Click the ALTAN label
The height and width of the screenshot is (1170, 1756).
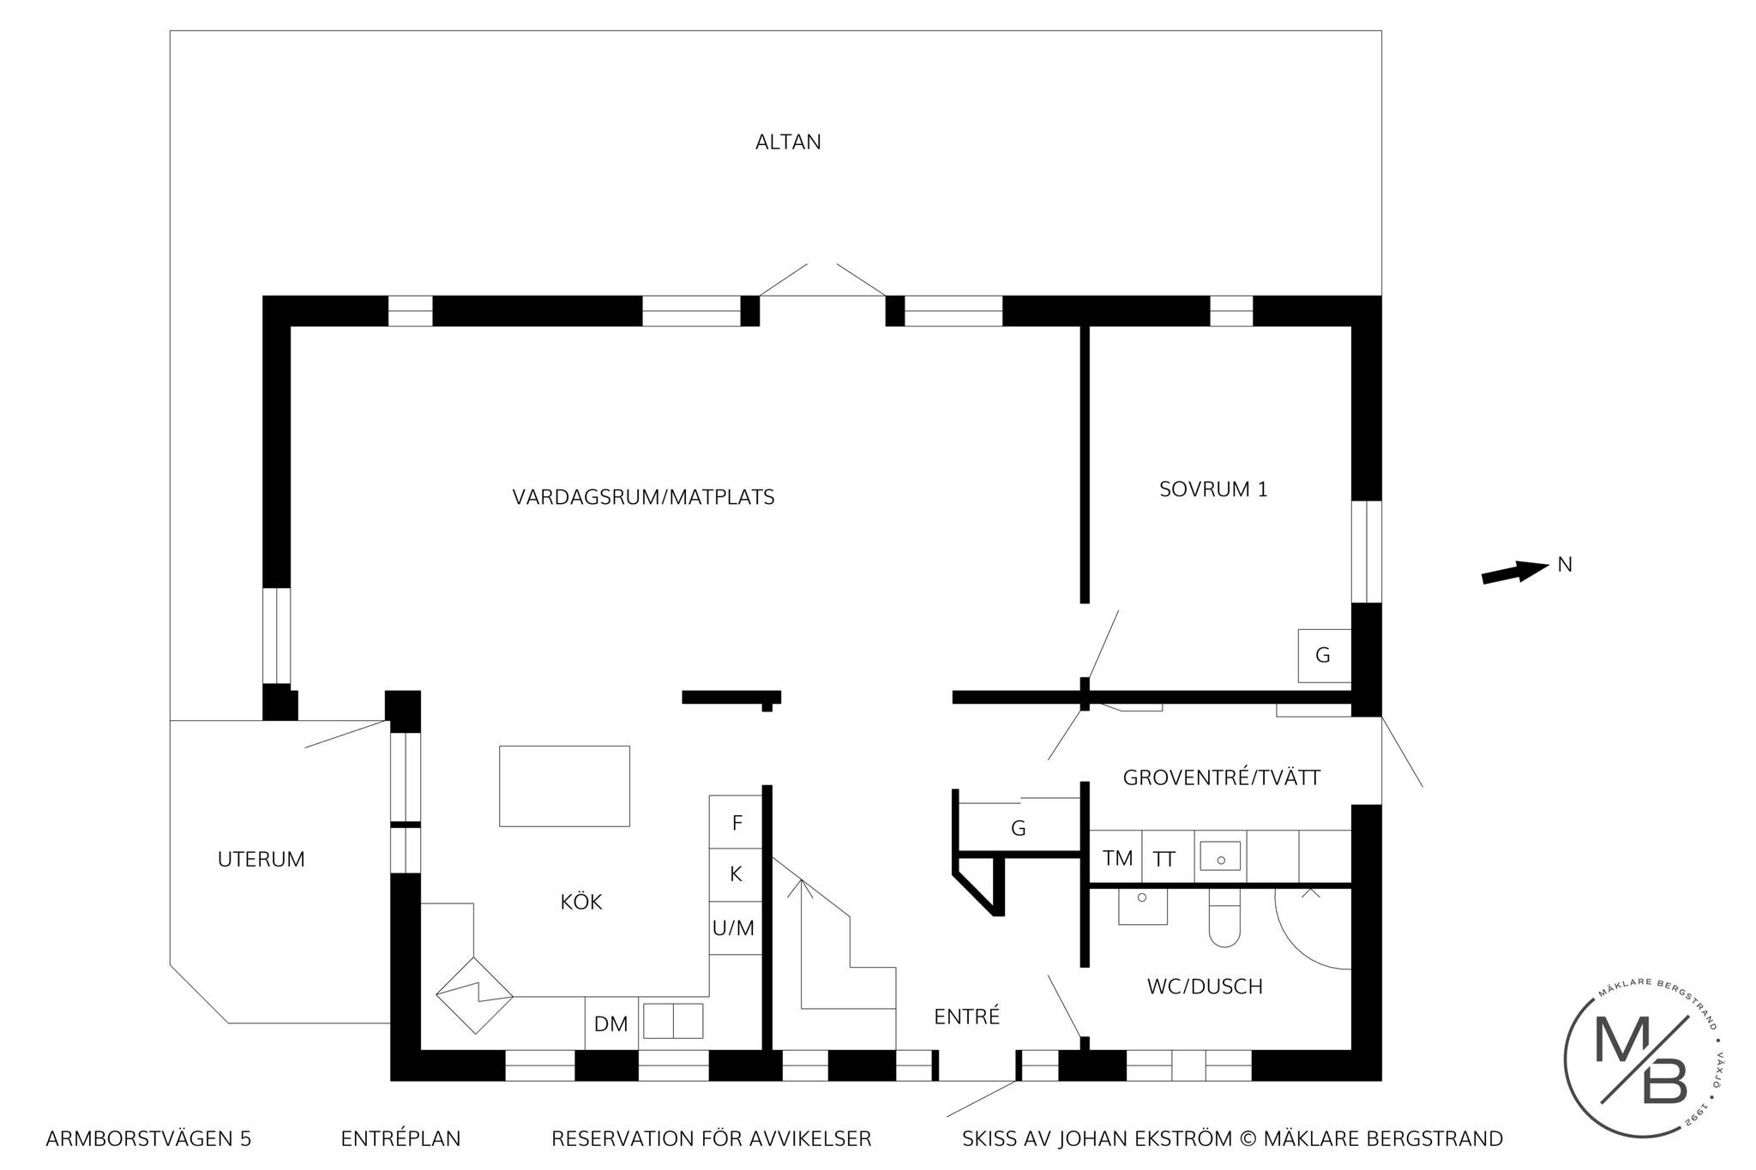[x=788, y=142]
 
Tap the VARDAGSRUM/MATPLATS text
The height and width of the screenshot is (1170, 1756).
[x=643, y=497]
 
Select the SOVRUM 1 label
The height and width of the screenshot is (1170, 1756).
[x=1213, y=489]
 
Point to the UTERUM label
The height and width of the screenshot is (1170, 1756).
[x=262, y=860]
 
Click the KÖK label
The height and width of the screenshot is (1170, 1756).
[x=581, y=902]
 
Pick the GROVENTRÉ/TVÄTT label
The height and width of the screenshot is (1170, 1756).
[x=1222, y=778]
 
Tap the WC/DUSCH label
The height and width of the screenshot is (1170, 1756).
[x=1205, y=987]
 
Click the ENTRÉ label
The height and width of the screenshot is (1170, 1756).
[x=967, y=1016]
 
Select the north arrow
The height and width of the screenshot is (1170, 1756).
[x=1515, y=572]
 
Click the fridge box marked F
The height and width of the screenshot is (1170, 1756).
[x=736, y=823]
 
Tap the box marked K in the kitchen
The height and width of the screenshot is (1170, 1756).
[x=736, y=875]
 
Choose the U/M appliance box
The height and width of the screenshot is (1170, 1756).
[x=736, y=928]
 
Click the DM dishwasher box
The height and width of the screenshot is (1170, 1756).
[x=611, y=1023]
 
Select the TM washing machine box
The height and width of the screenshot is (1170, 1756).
[x=1116, y=857]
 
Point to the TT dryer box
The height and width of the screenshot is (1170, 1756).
[x=1168, y=857]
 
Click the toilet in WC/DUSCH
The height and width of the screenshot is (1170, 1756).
[x=1224, y=918]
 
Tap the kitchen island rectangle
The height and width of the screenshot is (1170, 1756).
[x=564, y=786]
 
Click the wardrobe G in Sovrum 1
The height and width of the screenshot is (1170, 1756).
[x=1325, y=656]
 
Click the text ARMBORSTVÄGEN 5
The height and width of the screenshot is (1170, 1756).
[x=148, y=1139]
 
